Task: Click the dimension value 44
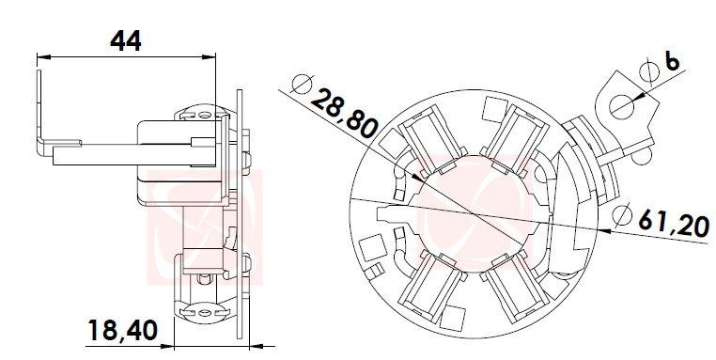126,40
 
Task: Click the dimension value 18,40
122,330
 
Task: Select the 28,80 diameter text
344,114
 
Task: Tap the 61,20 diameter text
674,223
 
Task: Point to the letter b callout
672,61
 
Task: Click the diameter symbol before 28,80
302,84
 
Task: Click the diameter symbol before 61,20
621,215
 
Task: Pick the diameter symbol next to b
649,71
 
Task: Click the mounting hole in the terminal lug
621,107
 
